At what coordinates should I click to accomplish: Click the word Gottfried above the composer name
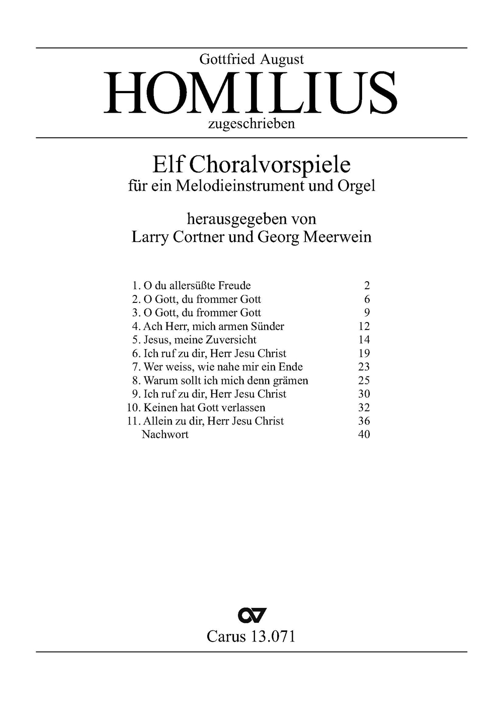tap(228, 59)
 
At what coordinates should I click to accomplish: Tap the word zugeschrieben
tap(251, 124)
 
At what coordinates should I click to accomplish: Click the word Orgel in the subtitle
tap(357, 186)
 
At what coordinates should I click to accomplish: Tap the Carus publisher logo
tap(251, 615)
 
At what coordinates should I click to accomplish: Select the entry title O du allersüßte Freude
tap(197, 286)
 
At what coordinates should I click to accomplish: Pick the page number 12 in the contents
tap(364, 327)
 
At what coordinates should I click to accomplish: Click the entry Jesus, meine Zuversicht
tap(200, 340)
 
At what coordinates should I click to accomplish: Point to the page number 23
tap(364, 367)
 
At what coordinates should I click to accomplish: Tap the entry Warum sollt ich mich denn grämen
tap(226, 381)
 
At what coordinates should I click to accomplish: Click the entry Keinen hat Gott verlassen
tap(204, 408)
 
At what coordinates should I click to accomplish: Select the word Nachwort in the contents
tap(165, 435)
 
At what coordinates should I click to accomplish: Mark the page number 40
tap(364, 435)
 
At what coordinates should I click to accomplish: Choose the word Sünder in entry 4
tap(268, 327)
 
